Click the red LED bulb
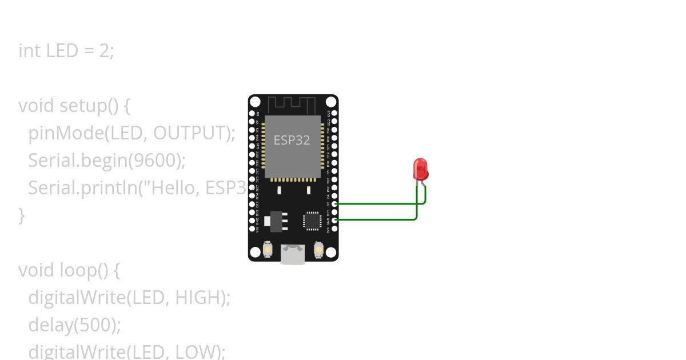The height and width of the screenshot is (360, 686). point(421,170)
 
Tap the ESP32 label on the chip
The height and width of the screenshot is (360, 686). point(292,140)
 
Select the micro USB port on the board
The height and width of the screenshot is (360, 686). point(293,254)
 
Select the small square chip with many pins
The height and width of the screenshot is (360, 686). point(312,221)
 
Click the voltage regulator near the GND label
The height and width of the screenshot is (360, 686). point(276,221)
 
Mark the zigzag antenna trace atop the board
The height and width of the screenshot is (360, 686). point(292,105)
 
